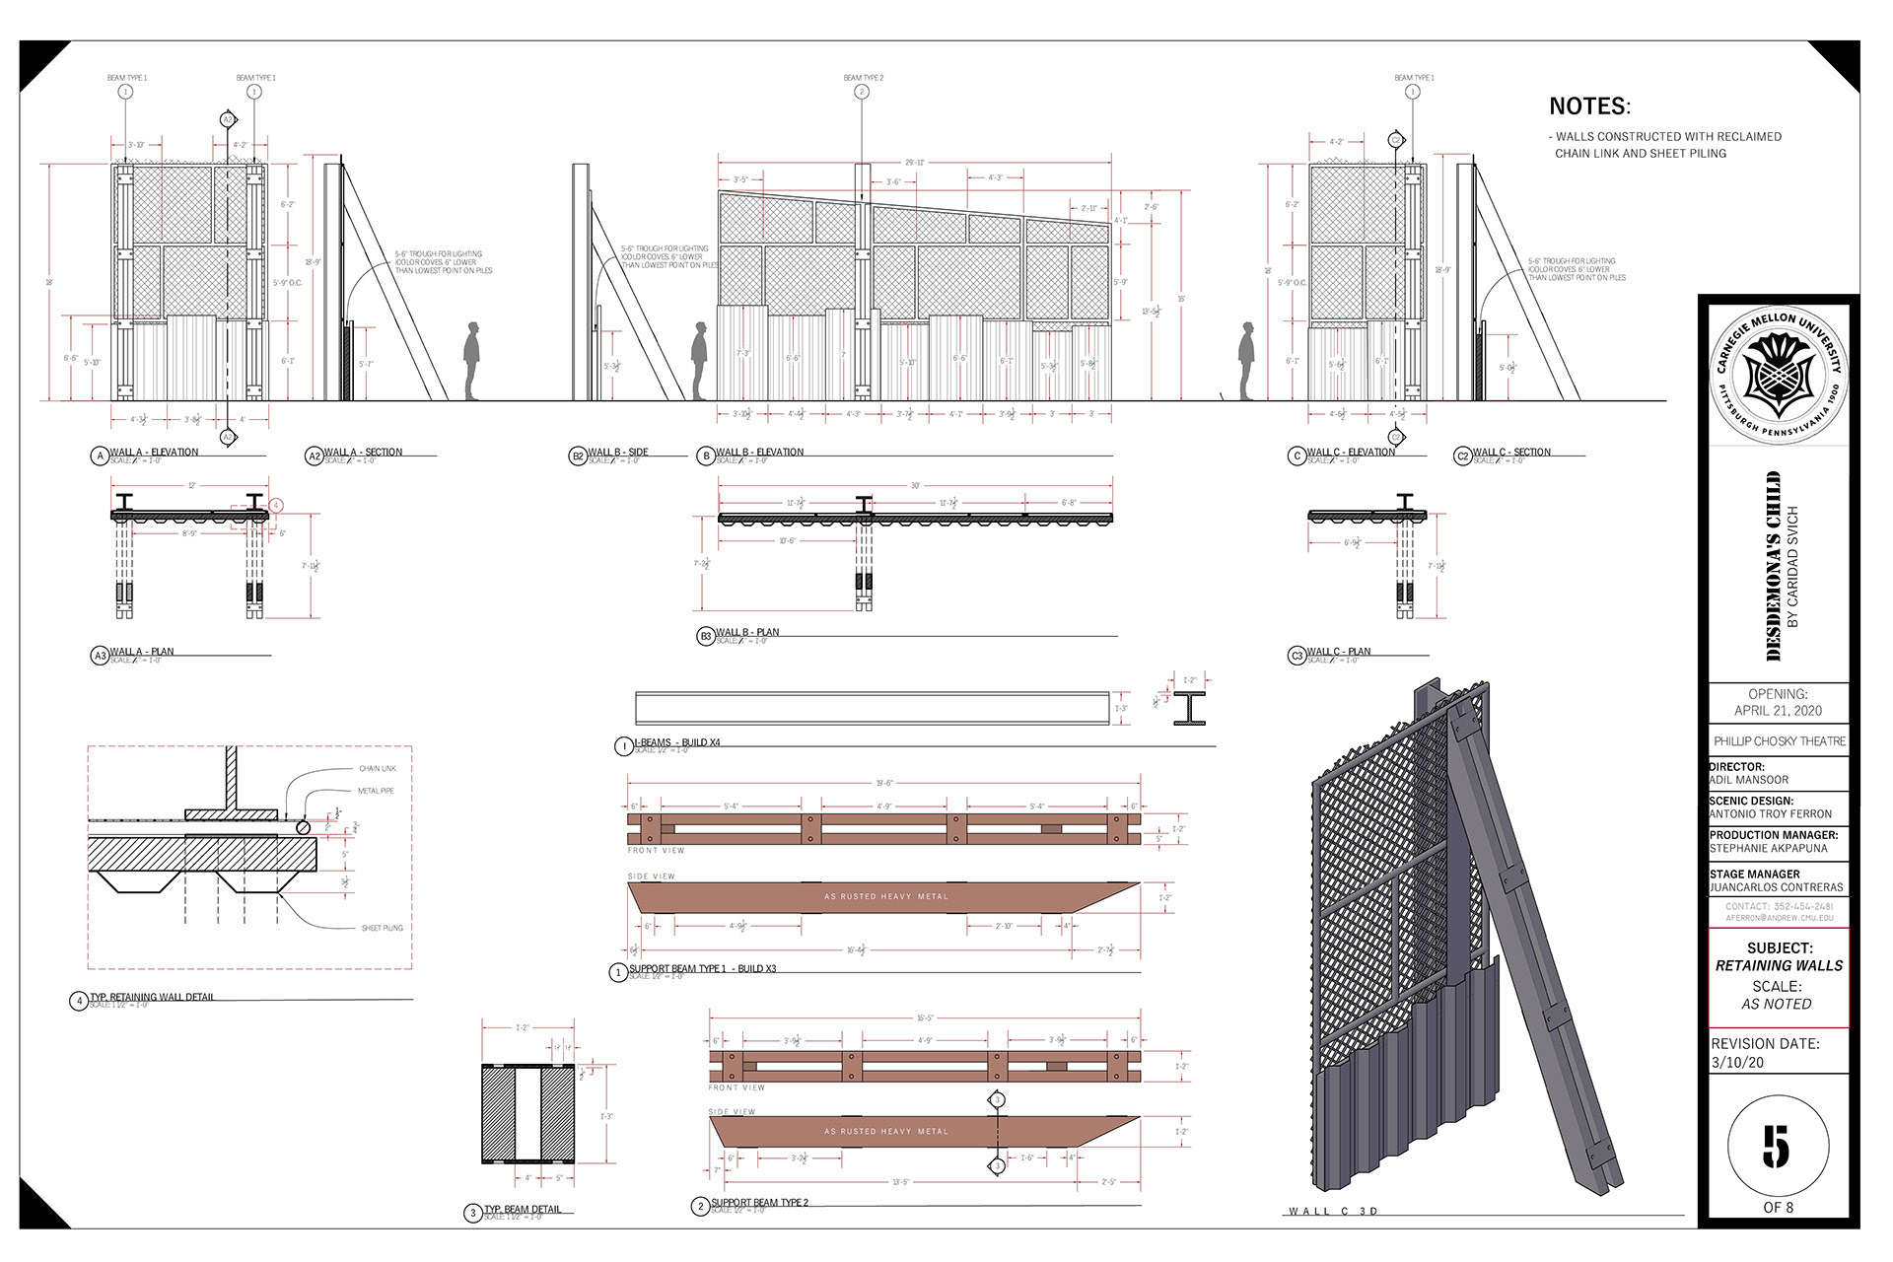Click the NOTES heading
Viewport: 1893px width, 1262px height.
click(x=1589, y=106)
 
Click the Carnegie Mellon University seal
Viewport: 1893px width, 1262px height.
click(x=1779, y=377)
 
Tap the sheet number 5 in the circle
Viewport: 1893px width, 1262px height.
click(x=1777, y=1147)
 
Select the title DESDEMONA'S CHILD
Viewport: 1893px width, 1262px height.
click(x=1774, y=566)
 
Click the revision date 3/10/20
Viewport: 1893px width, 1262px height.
click(x=1737, y=1063)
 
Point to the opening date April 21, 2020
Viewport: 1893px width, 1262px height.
click(x=1778, y=710)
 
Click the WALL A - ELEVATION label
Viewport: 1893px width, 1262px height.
click(x=154, y=452)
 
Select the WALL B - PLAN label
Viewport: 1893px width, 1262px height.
click(x=747, y=632)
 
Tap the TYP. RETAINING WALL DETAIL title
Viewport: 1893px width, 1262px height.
click(x=152, y=997)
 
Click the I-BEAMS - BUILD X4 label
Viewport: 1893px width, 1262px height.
click(x=677, y=742)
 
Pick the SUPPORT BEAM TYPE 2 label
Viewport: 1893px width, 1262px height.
click(x=759, y=1202)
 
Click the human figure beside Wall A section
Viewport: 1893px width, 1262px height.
click(x=472, y=360)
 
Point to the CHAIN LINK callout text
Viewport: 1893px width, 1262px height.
click(x=378, y=769)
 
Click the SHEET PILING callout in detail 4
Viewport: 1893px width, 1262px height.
click(x=382, y=928)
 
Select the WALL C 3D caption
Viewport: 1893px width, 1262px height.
click(x=1333, y=1211)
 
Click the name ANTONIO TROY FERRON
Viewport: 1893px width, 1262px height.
click(x=1771, y=814)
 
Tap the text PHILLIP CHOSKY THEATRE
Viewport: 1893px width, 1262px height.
click(x=1779, y=741)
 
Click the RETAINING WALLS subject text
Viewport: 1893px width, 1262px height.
click(x=1779, y=966)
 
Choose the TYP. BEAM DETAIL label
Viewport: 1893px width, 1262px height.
click(x=523, y=1209)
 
